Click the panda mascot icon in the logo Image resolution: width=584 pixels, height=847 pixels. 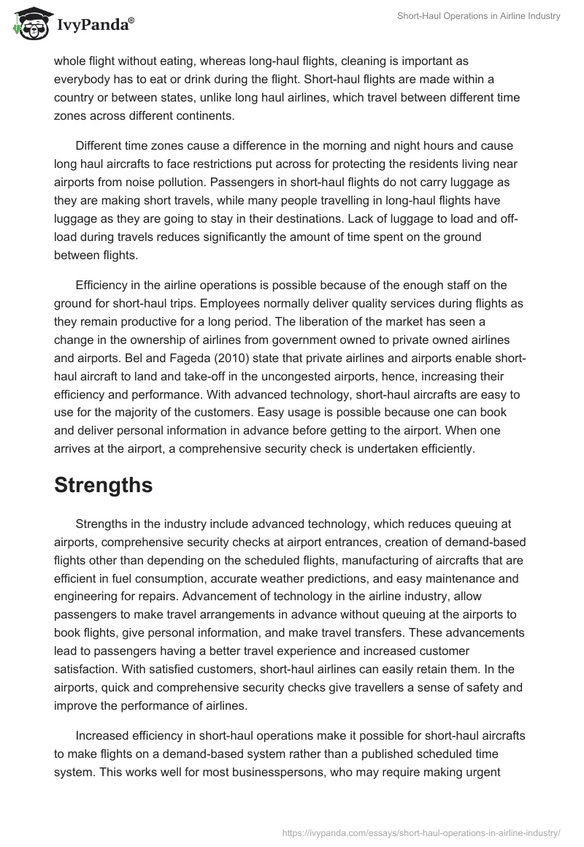[28, 24]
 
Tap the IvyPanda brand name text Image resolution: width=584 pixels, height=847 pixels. [93, 25]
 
